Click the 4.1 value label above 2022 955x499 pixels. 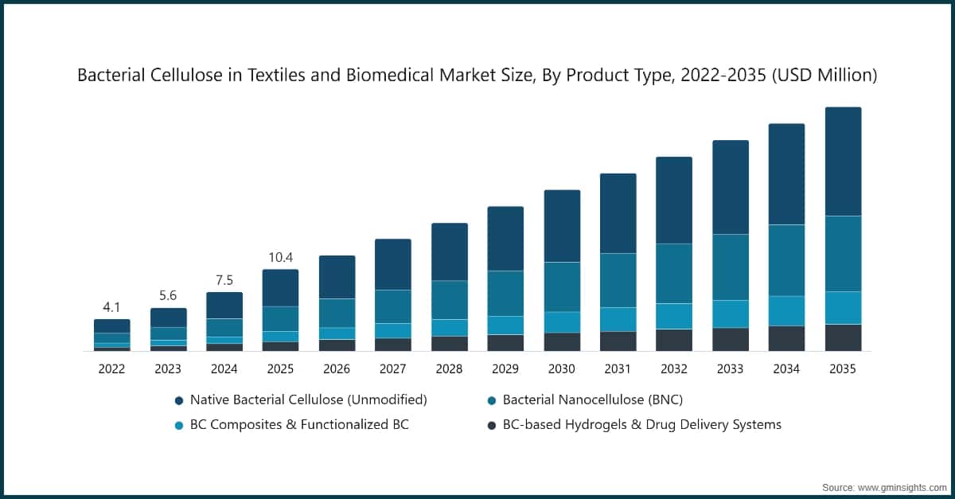[x=112, y=306]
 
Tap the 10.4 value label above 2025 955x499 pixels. [x=280, y=256]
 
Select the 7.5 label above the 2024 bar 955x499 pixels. [x=224, y=279]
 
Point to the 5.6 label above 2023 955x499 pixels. [x=168, y=295]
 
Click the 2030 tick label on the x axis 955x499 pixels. [x=561, y=369]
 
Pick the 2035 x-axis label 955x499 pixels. [x=843, y=369]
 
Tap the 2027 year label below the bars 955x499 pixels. [x=393, y=369]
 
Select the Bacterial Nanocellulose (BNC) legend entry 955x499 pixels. [x=592, y=399]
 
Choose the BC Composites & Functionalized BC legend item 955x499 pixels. [x=298, y=424]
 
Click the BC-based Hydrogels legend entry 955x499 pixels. [x=641, y=424]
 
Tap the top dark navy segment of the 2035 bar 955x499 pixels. [x=843, y=162]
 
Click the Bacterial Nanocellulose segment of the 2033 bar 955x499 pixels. [x=730, y=267]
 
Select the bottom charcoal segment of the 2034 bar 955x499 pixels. [x=786, y=338]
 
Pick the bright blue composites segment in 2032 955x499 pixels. [x=674, y=316]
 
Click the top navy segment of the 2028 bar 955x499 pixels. [x=449, y=251]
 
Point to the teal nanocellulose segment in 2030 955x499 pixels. [x=561, y=287]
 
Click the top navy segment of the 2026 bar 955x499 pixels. [x=337, y=277]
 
